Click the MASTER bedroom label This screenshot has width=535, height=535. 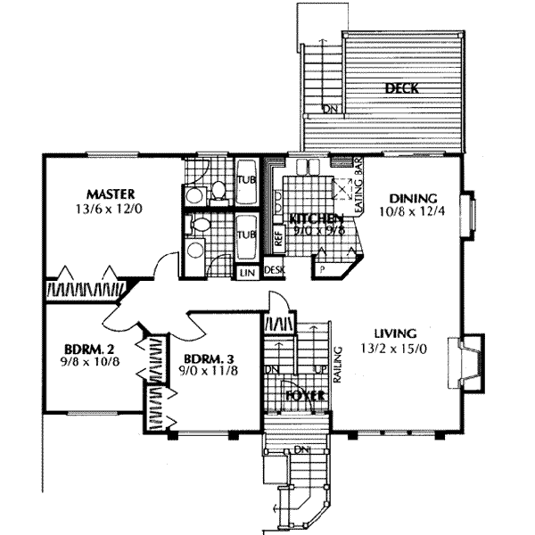click(110, 193)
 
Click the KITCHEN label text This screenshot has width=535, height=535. click(311, 218)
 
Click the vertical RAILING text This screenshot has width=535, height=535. click(338, 363)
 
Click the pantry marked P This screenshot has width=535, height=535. click(321, 267)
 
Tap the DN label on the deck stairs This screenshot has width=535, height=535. click(330, 111)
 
